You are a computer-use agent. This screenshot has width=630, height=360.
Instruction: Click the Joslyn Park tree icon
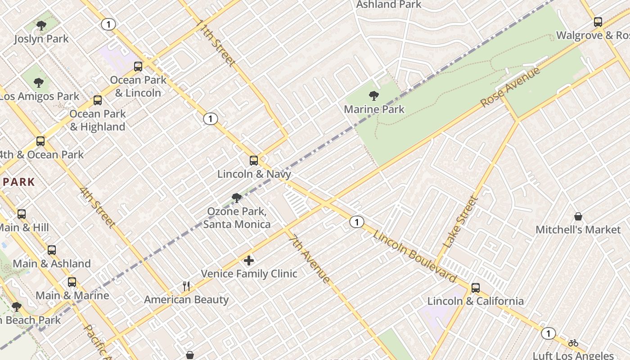(x=41, y=26)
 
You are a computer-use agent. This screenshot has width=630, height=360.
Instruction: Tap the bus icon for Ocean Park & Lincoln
(x=138, y=67)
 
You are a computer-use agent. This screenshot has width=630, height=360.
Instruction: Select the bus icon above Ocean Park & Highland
(x=98, y=100)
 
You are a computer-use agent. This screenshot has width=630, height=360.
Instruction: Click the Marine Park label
(x=374, y=109)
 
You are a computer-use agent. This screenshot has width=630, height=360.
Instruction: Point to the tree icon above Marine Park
(x=373, y=95)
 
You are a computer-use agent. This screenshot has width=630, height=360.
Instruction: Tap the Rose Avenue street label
(x=510, y=88)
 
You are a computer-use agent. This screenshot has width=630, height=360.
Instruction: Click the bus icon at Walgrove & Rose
(x=598, y=22)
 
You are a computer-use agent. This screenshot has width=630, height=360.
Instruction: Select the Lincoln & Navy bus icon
(x=254, y=161)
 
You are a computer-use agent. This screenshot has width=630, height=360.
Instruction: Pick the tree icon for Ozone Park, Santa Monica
(x=236, y=198)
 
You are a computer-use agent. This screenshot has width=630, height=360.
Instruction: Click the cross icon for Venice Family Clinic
(x=248, y=260)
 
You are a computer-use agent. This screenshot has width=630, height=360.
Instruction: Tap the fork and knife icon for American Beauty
(x=186, y=286)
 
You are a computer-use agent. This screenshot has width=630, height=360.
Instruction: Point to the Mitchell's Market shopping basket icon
(x=578, y=216)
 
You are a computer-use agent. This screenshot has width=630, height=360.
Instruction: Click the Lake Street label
(x=460, y=222)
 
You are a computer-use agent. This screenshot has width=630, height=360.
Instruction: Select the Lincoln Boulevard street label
(x=414, y=256)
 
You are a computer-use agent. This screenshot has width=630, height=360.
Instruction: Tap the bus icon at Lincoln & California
(x=475, y=288)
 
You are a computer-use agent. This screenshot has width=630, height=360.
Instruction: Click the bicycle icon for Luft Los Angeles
(x=573, y=343)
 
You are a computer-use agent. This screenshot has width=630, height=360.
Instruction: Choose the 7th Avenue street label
(x=309, y=259)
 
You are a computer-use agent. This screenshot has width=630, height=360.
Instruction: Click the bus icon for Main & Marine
(x=72, y=282)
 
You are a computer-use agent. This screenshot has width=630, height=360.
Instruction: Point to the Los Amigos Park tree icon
(x=39, y=83)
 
